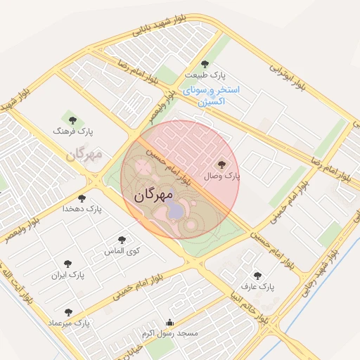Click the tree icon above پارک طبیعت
point(205,64)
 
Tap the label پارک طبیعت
point(205,75)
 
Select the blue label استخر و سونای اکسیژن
point(211,96)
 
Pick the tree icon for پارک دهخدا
point(82,198)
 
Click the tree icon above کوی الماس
point(122,240)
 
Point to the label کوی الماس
point(122,251)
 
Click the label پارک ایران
point(67,275)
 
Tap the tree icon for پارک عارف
point(257,276)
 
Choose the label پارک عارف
point(257,287)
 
